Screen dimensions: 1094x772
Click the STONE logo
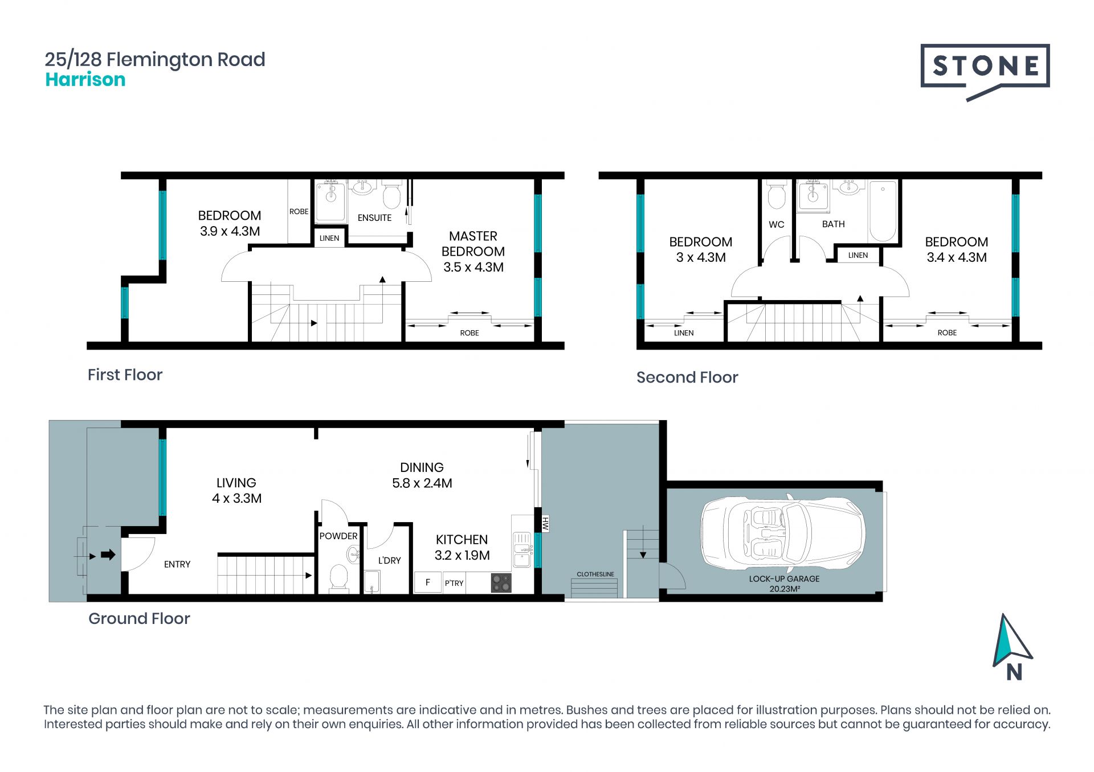tap(985, 71)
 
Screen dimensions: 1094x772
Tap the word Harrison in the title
tap(85, 80)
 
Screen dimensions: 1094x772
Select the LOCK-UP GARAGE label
tap(784, 578)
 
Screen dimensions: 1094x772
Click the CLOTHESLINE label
tap(595, 574)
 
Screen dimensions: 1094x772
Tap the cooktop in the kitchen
tap(501, 583)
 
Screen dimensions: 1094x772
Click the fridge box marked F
tap(428, 582)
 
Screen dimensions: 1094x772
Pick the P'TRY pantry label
tap(454, 583)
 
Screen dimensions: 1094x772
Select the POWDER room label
tap(338, 536)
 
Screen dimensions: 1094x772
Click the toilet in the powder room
tap(339, 577)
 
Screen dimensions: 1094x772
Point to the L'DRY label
tap(390, 560)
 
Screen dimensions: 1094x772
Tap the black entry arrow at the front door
tap(108, 555)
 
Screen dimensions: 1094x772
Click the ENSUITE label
tap(374, 217)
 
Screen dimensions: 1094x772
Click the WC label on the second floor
tap(776, 224)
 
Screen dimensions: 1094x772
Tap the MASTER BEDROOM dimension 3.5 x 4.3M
tap(473, 267)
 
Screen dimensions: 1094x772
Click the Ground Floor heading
tap(139, 618)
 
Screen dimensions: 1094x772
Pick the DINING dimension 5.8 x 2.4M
tap(422, 483)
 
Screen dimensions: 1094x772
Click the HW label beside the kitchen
tap(545, 524)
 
